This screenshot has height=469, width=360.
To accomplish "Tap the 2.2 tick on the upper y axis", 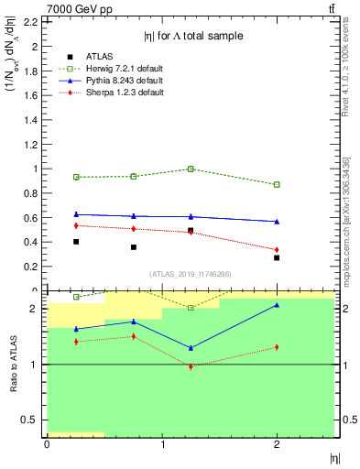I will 32,21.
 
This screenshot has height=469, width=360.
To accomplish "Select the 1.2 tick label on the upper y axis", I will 32,144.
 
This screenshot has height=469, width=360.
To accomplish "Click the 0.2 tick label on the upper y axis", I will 32,267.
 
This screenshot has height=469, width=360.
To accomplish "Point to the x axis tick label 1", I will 162,444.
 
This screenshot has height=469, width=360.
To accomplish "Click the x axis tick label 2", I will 277,444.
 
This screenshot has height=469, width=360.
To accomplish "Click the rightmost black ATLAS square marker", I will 277,257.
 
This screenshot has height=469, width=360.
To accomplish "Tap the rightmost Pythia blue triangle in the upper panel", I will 277,221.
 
